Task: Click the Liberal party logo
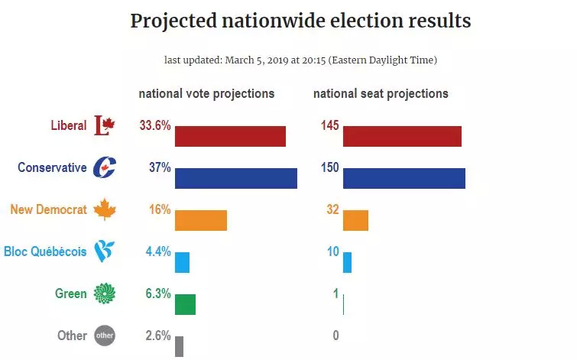(x=103, y=125)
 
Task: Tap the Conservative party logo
(x=104, y=167)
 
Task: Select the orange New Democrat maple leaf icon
(x=104, y=209)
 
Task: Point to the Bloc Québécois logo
(x=104, y=251)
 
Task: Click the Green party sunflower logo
(x=104, y=293)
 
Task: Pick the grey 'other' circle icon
(x=104, y=335)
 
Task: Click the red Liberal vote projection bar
(x=230, y=136)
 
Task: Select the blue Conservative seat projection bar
(x=404, y=178)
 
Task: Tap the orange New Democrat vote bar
(x=201, y=220)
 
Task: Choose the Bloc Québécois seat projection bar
(x=347, y=262)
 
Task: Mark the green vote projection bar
(x=185, y=304)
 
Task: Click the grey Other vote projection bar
(x=179, y=346)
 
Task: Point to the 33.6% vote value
(x=155, y=125)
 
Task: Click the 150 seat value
(x=329, y=167)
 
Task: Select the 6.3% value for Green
(x=157, y=293)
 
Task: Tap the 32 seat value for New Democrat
(x=332, y=209)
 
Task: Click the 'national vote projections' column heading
(x=206, y=94)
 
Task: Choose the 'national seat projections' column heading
(x=381, y=94)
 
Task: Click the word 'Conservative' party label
(x=52, y=167)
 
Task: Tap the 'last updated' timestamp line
(x=300, y=60)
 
